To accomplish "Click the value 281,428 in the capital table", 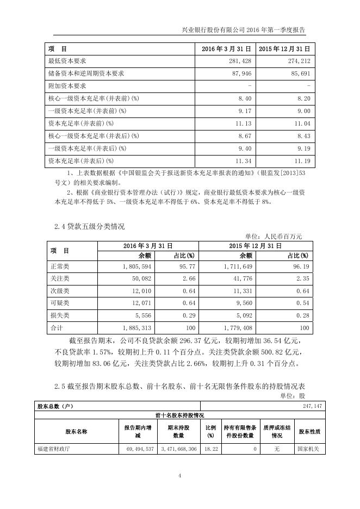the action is [238, 61].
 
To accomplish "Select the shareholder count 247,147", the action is [298, 406].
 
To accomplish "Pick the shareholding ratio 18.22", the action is [209, 450].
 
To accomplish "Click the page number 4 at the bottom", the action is [179, 476].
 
